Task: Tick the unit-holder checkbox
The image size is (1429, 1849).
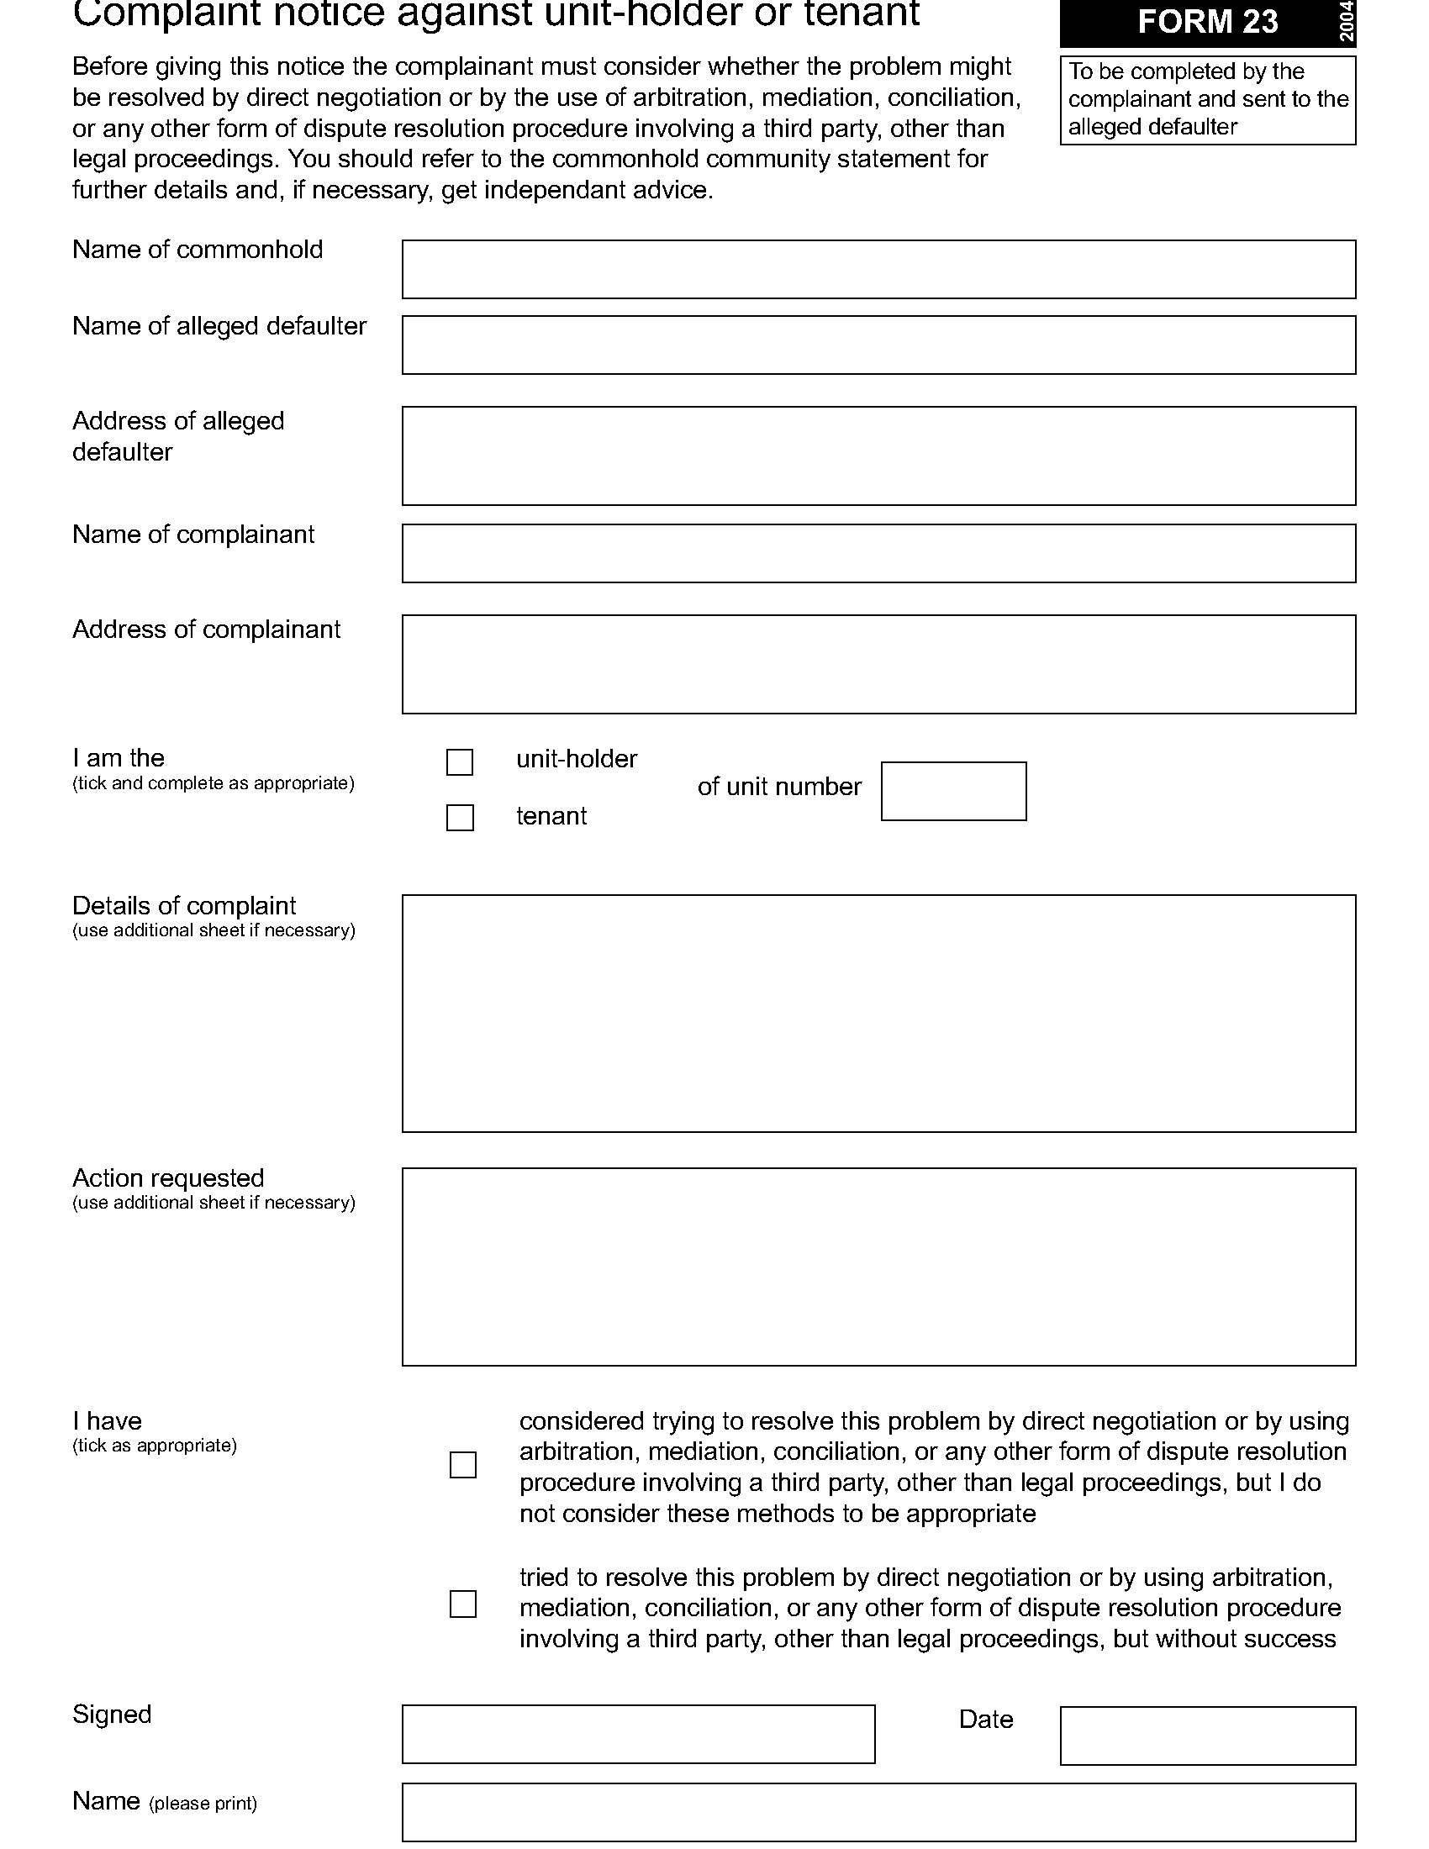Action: point(460,762)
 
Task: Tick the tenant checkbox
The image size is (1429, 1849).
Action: point(460,818)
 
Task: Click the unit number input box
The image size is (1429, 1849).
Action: point(953,791)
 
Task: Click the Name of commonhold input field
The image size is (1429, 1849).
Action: point(878,269)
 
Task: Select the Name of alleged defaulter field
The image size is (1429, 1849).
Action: point(878,345)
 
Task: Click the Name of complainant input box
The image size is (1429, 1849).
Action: point(878,553)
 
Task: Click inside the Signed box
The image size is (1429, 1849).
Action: point(638,1734)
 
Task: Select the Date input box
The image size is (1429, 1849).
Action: point(1207,1736)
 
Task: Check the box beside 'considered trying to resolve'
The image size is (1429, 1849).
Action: point(463,1465)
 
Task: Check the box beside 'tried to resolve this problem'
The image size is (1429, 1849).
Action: point(463,1604)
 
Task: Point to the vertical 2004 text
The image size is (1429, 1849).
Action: point(1347,22)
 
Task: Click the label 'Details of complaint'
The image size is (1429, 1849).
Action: point(184,906)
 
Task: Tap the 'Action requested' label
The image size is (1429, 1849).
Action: point(167,1177)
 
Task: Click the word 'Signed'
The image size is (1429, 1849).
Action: point(112,1714)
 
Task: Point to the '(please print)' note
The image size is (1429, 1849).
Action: point(203,1804)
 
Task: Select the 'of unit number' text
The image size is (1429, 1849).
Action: point(779,787)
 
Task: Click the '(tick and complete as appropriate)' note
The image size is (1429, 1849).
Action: point(214,783)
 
